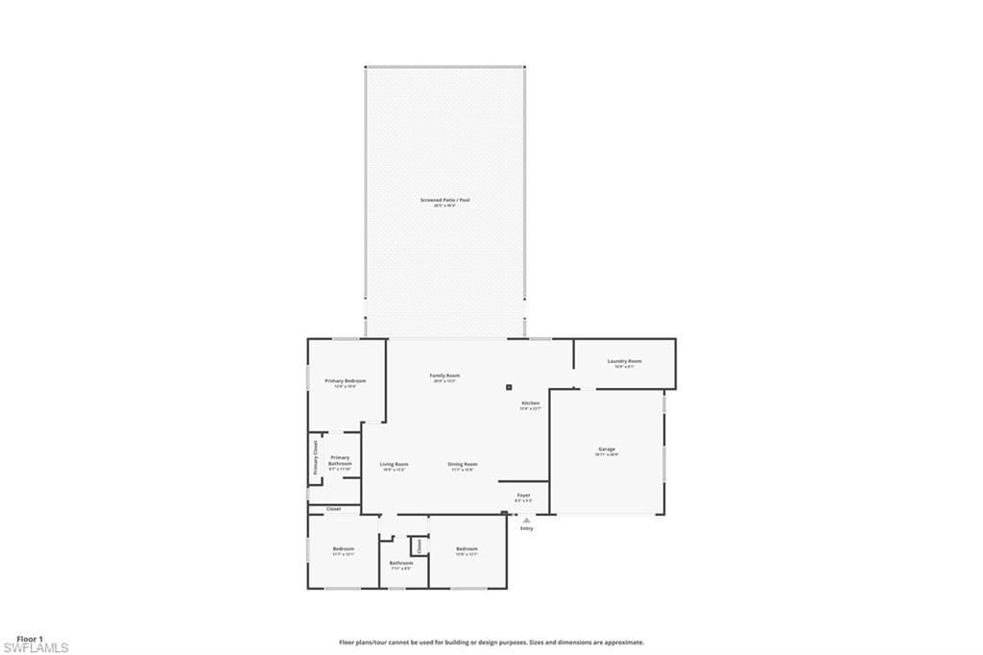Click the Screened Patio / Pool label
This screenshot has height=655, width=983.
[x=444, y=200]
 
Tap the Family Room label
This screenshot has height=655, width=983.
[x=444, y=376]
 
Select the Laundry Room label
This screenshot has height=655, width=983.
[x=624, y=361]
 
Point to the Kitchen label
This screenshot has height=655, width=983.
[x=531, y=403]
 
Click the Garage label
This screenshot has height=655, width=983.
[x=607, y=449]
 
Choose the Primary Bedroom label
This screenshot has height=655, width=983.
[x=345, y=381]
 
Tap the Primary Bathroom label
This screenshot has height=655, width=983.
[x=340, y=461]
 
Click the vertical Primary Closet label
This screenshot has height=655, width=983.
[x=315, y=458]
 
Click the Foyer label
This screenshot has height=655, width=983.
[x=523, y=496]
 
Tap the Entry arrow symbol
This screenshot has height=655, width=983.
[x=526, y=520]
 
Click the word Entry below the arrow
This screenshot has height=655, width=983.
[x=526, y=528]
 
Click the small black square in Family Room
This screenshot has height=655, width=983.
[x=509, y=388]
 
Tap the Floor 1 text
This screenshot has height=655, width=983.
[x=30, y=638]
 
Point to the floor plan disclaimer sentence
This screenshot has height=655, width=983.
[x=491, y=643]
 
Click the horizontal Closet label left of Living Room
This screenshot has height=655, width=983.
[x=333, y=509]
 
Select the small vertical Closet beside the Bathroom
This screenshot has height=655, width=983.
[x=419, y=546]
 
